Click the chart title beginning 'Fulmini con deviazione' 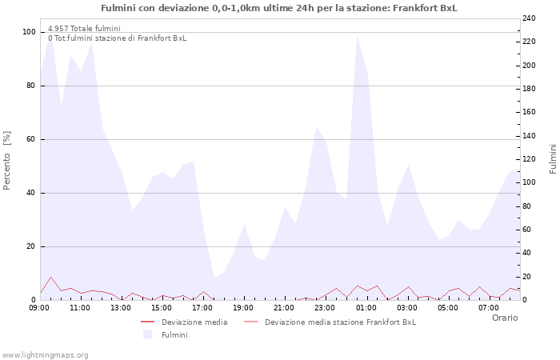(279, 8)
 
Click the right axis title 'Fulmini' (553, 158)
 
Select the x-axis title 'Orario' (504, 318)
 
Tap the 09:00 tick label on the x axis (39, 307)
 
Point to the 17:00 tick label (202, 307)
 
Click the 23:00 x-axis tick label (326, 307)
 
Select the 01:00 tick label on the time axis (366, 307)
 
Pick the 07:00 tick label (489, 307)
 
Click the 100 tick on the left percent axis (29, 32)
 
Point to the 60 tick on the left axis (30, 139)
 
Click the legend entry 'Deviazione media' (194, 322)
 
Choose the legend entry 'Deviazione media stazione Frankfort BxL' (340, 322)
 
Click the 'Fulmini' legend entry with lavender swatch (174, 334)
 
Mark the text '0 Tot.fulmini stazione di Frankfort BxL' (117, 38)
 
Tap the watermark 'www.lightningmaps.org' (45, 354)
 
